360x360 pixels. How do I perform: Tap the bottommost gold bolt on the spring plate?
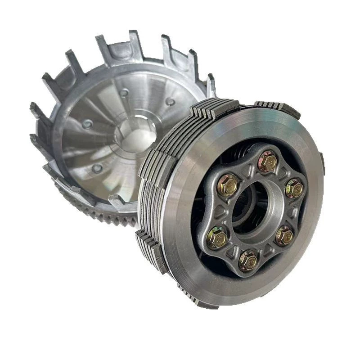(248, 260)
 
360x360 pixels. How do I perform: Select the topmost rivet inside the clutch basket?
(124, 92)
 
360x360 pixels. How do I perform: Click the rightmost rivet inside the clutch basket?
(170, 102)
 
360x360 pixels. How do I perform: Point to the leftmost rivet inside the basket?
(88, 124)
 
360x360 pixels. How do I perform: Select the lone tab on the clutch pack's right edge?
(322, 157)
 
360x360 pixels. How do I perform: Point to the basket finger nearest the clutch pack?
(210, 85)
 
